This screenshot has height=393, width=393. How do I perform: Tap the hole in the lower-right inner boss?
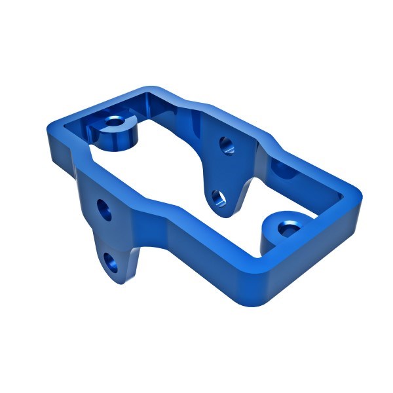[286, 229]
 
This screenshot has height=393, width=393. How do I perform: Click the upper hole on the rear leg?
[225, 144]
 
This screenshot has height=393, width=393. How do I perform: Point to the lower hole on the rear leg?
[217, 196]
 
